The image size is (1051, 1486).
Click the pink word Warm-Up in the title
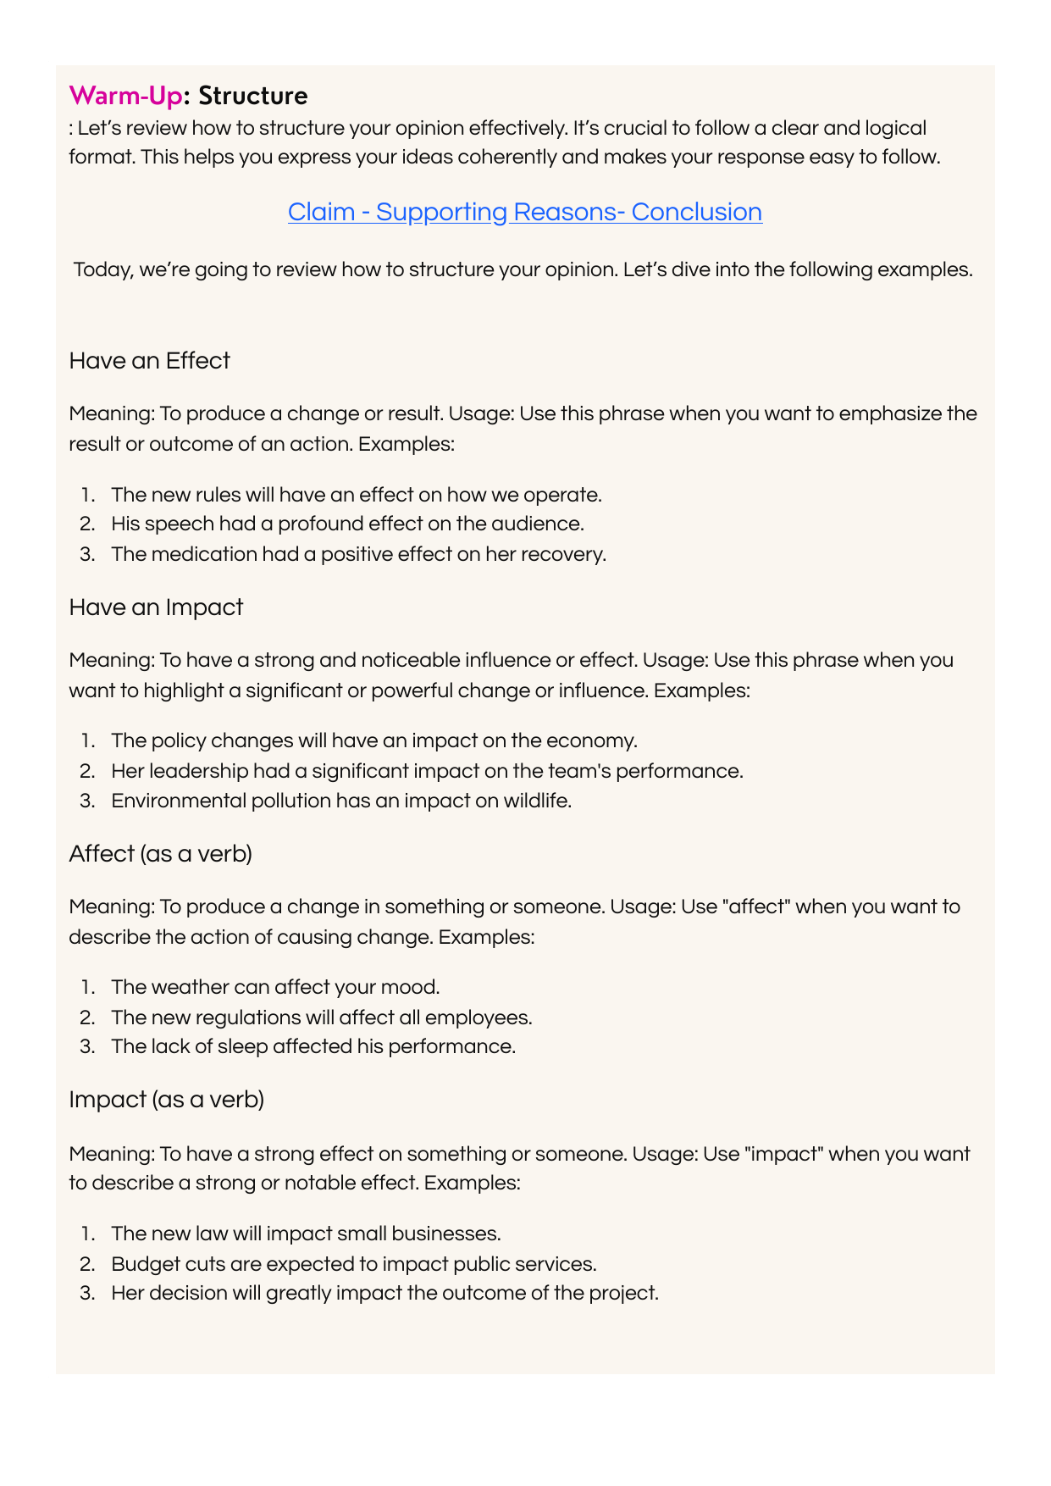[x=125, y=96]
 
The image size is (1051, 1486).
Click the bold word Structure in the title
[x=252, y=96]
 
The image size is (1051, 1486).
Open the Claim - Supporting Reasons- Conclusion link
[x=524, y=212]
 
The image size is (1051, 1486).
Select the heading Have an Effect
[x=149, y=361]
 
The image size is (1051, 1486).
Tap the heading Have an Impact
[x=156, y=607]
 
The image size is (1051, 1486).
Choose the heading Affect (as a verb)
[x=160, y=854]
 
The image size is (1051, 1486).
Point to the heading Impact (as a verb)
[x=166, y=1100]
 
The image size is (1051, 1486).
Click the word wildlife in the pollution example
[x=535, y=801]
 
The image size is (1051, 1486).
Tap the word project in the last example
[x=627, y=1294]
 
